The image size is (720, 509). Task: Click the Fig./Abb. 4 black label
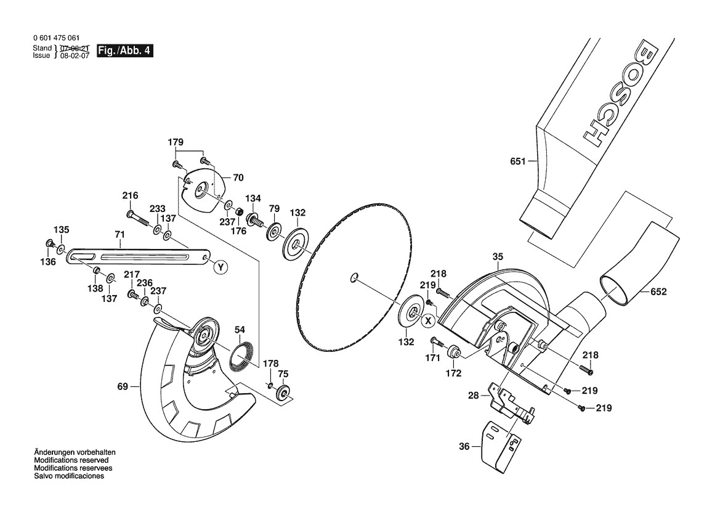(x=125, y=51)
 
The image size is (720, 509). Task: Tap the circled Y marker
(x=221, y=267)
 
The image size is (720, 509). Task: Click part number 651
(x=517, y=161)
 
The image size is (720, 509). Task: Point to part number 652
(x=658, y=291)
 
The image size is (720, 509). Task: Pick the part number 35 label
(x=498, y=257)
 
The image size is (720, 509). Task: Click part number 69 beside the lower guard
(x=122, y=386)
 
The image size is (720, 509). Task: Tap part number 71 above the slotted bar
(x=119, y=234)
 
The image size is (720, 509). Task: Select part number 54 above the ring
(x=240, y=330)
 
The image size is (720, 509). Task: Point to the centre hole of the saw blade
(x=354, y=277)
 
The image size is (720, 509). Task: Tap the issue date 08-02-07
(x=75, y=55)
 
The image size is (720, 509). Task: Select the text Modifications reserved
(x=71, y=460)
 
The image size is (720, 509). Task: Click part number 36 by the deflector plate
(x=464, y=446)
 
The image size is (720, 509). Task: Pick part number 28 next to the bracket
(x=474, y=395)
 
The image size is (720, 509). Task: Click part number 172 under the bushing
(x=453, y=373)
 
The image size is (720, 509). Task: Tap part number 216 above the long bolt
(x=130, y=196)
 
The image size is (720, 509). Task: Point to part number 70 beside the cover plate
(x=238, y=177)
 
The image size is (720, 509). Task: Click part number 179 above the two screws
(x=176, y=142)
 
